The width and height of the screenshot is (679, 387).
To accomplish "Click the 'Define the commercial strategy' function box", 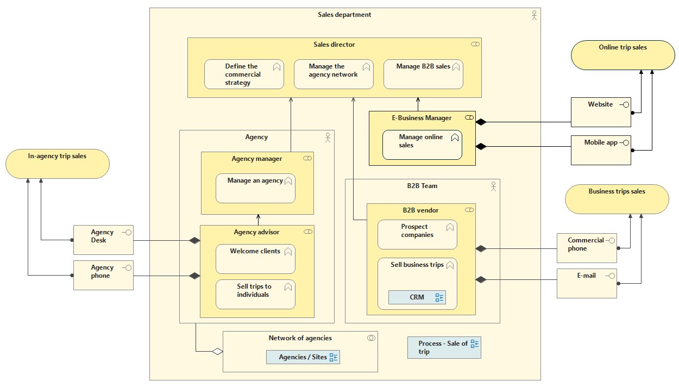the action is tap(244, 74).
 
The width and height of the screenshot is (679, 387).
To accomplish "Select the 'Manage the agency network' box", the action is tap(334, 74).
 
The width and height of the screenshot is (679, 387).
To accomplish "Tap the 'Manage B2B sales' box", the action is tap(424, 74).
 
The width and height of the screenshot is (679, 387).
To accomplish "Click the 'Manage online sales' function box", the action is tap(422, 145).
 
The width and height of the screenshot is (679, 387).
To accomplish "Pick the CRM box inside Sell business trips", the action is tap(417, 297).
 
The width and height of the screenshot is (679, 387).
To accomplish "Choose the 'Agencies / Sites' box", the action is tap(303, 357).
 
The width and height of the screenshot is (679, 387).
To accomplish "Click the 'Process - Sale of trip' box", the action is tap(444, 347).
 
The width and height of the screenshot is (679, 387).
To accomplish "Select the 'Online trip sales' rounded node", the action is tap(623, 55).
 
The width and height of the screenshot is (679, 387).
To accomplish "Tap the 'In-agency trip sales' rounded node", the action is tap(58, 164).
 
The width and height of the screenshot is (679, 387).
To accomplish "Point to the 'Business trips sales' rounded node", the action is tap(617, 199).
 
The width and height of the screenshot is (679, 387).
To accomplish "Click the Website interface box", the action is tap(601, 112).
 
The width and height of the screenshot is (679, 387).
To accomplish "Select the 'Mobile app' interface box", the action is tap(601, 151).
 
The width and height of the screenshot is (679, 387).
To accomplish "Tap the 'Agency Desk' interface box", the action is tap(103, 240).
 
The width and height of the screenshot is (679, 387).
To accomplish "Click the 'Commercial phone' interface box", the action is tap(587, 248).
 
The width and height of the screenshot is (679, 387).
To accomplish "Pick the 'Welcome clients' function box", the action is tap(255, 259).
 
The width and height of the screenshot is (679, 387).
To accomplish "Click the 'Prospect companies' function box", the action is tap(417, 234).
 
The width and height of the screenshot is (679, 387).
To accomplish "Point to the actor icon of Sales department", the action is tap(534, 15).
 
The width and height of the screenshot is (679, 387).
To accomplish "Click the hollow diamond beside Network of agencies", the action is tap(217, 352).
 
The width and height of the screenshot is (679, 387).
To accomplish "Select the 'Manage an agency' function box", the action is tap(255, 189).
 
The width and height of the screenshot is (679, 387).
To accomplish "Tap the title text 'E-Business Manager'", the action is tap(422, 118).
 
